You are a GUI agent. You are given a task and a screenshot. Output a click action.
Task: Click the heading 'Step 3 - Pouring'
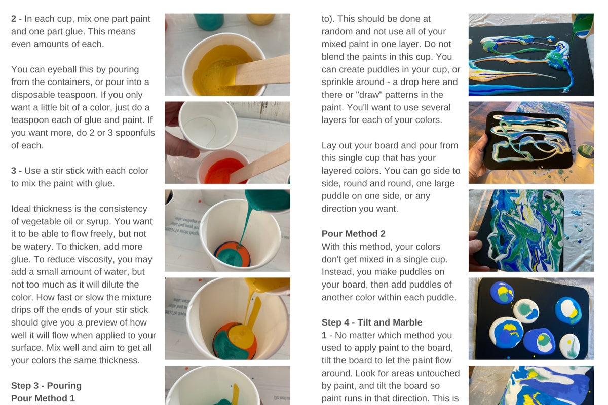(x=46, y=385)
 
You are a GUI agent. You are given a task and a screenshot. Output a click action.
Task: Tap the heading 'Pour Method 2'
(x=354, y=233)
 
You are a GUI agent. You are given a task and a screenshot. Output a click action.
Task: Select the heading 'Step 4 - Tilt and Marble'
(x=372, y=322)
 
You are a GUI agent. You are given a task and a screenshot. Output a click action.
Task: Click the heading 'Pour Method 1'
(x=43, y=398)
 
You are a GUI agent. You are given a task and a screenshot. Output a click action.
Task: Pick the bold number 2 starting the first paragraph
(x=14, y=19)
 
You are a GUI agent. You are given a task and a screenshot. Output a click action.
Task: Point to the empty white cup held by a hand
(x=208, y=125)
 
